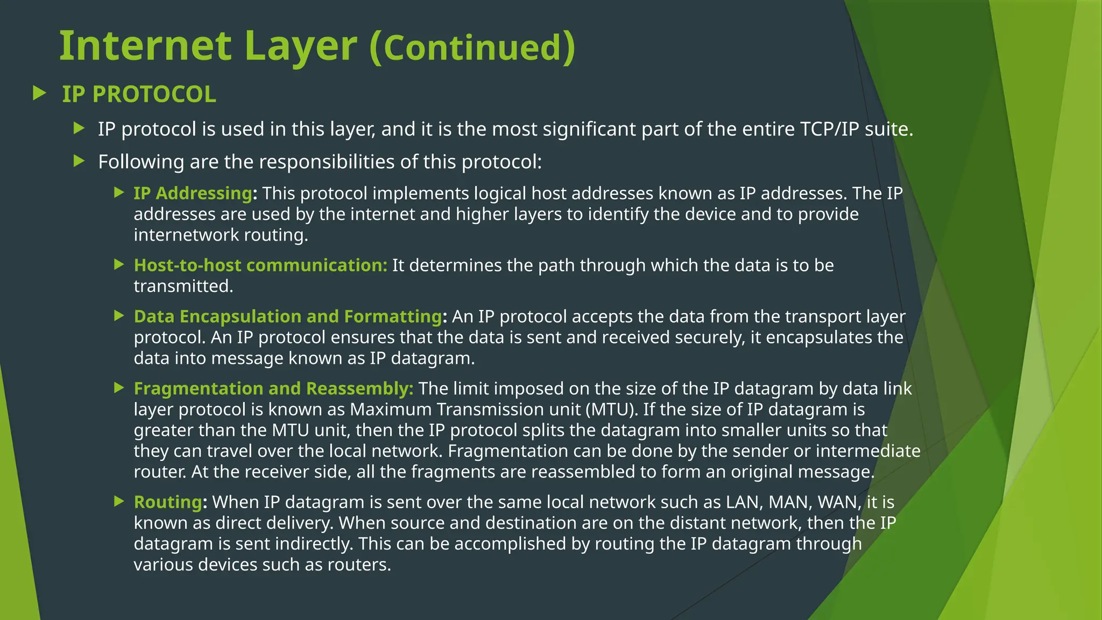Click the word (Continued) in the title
point(472,47)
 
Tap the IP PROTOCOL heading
point(139,94)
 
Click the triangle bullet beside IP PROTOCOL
point(39,93)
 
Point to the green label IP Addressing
point(193,193)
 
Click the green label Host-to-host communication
point(260,265)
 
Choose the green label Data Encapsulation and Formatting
point(288,316)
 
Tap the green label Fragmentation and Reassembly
point(273,389)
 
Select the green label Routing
point(168,502)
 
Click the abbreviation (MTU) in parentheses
point(611,410)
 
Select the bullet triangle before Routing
point(119,502)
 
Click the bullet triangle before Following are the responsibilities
point(79,160)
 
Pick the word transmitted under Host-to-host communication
point(183,286)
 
